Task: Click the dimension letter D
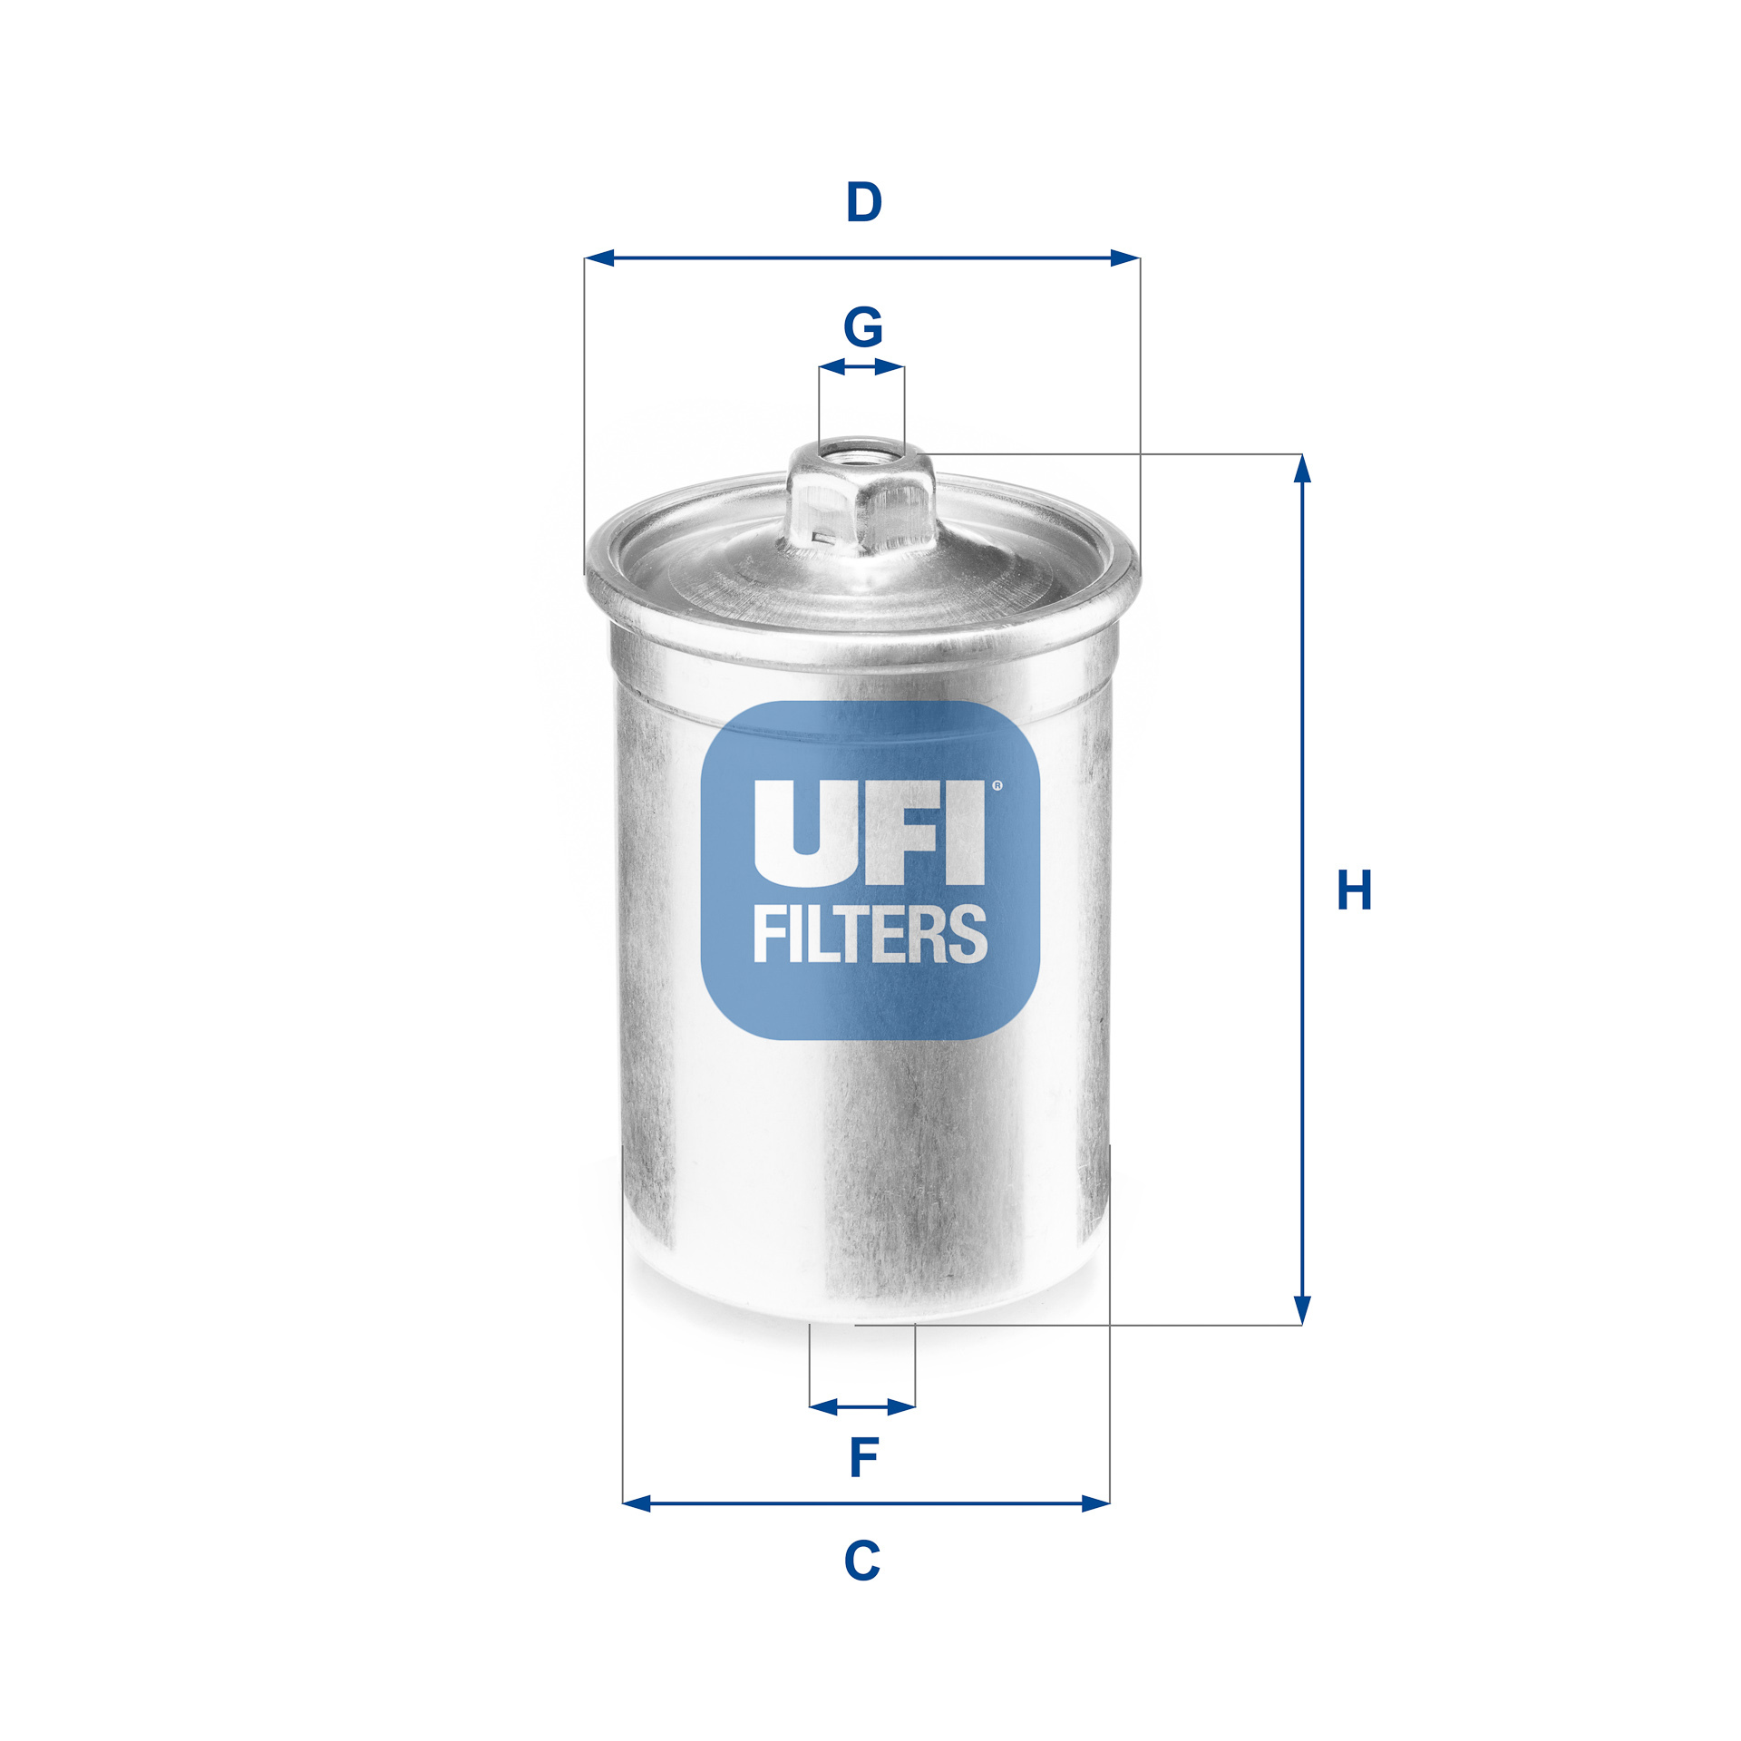click(x=863, y=202)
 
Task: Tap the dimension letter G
click(x=862, y=326)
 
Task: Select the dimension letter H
click(x=1355, y=890)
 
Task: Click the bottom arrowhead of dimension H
click(x=1302, y=1309)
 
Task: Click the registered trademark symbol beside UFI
click(x=998, y=785)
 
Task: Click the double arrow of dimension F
click(x=862, y=1406)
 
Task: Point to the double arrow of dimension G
click(x=861, y=367)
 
